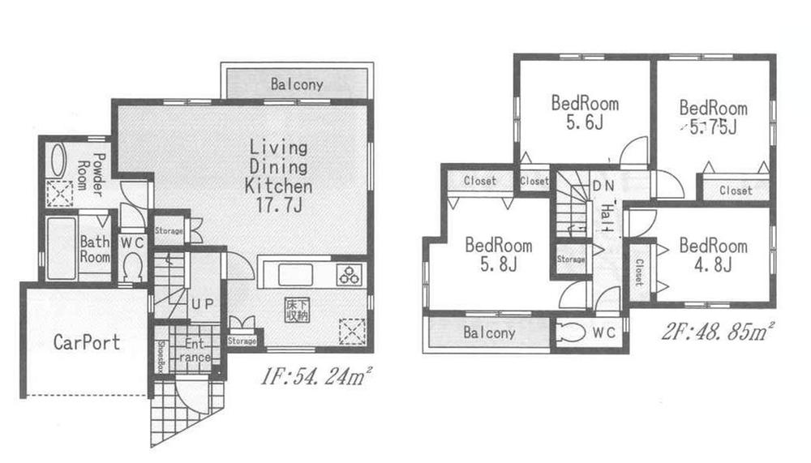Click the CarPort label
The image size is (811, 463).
point(87,342)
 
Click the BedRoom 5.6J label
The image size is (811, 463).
point(585,113)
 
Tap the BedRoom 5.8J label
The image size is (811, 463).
point(499,255)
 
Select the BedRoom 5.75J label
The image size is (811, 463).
point(713,117)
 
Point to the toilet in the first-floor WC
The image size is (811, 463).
point(131,265)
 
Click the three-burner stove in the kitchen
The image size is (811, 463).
point(350,275)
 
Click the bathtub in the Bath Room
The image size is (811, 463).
point(58,247)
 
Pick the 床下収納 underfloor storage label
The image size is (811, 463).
point(295,310)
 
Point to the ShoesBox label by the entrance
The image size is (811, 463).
point(161,354)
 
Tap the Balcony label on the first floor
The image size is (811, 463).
point(297,84)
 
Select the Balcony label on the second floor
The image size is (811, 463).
point(489,332)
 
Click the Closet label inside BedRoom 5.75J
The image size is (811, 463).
point(736,191)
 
